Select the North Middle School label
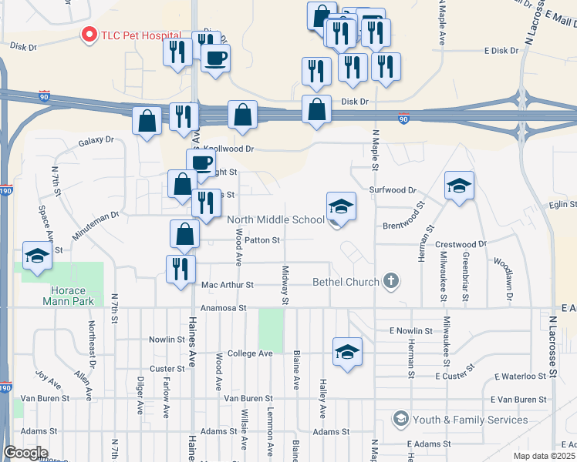pos(276,219)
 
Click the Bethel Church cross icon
pos(391,281)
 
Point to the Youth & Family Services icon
pos(400,419)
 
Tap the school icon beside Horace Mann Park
pos(37,258)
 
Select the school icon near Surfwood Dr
pos(459,186)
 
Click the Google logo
pos(26,452)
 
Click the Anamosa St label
pos(222,308)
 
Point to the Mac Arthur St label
pos(227,285)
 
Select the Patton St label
pos(264,240)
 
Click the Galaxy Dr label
pos(96,141)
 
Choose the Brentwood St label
pos(404,226)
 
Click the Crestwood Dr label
pos(461,244)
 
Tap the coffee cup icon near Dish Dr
pos(215,58)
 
